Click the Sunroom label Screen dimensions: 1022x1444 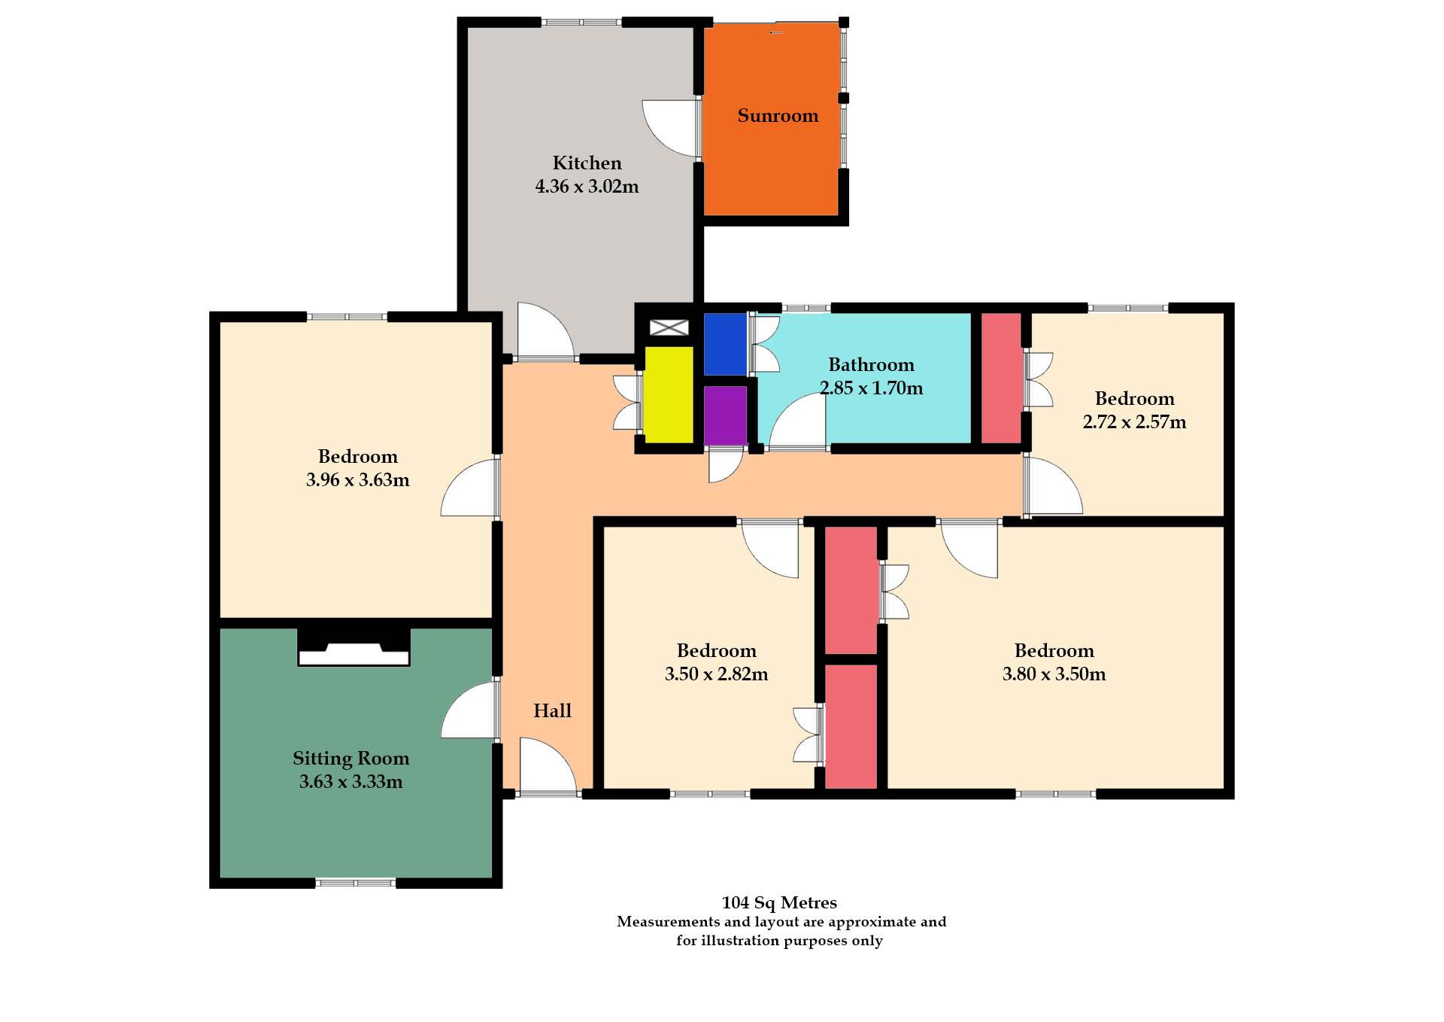pyautogui.click(x=778, y=116)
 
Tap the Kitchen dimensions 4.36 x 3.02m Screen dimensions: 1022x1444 pyautogui.click(x=587, y=187)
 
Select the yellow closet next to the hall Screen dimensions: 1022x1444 pyautogui.click(x=669, y=394)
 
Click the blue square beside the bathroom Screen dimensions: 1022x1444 pyautogui.click(x=725, y=344)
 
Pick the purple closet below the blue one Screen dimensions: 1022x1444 pyautogui.click(x=725, y=415)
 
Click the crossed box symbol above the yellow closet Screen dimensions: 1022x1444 pyautogui.click(x=669, y=327)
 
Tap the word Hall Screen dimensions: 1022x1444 pyautogui.click(x=552, y=710)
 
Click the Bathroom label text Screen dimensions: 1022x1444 pyautogui.click(x=871, y=365)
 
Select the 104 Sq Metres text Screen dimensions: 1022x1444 pyautogui.click(x=779, y=902)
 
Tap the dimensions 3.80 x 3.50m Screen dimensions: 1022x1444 pyautogui.click(x=1054, y=674)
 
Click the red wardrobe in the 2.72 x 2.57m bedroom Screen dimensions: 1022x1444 pyautogui.click(x=1001, y=378)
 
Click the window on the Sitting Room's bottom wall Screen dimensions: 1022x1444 pyautogui.click(x=355, y=883)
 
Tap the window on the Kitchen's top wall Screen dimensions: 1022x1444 pyautogui.click(x=581, y=23)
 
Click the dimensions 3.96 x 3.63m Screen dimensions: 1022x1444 pyautogui.click(x=357, y=480)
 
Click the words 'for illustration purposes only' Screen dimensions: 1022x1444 pyautogui.click(x=779, y=941)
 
